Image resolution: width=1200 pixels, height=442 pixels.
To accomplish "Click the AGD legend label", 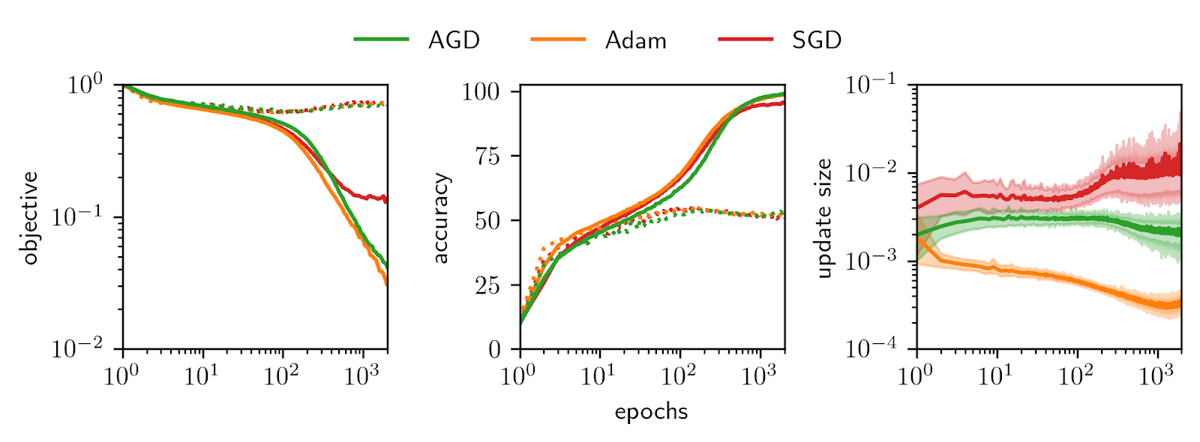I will pyautogui.click(x=454, y=40).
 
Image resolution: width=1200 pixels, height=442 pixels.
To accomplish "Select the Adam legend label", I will pyautogui.click(x=635, y=40).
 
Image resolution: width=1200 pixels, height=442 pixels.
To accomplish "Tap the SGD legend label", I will pyautogui.click(x=817, y=40).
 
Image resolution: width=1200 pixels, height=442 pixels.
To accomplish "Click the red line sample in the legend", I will pyautogui.click(x=745, y=39).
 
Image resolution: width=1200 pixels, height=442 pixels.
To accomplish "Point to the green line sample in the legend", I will pyautogui.click(x=382, y=39).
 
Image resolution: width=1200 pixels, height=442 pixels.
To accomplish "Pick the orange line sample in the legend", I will pyautogui.click(x=558, y=39).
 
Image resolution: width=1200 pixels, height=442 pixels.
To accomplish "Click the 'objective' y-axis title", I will pyautogui.click(x=30, y=217).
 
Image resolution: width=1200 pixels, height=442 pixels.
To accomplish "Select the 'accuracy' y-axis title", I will pyautogui.click(x=440, y=218).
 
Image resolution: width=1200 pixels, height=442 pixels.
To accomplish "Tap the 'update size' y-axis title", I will pyautogui.click(x=824, y=218).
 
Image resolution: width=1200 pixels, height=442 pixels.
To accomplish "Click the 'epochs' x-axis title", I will pyautogui.click(x=651, y=412).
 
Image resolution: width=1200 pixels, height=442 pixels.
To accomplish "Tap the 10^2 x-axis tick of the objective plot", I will pyautogui.click(x=282, y=375).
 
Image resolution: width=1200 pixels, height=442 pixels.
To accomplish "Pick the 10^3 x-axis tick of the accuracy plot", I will pyautogui.click(x=759, y=375).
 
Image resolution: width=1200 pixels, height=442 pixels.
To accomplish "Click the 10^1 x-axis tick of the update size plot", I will pyautogui.click(x=996, y=375).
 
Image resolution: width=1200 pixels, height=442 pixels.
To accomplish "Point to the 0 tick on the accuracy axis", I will pyautogui.click(x=495, y=349).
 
